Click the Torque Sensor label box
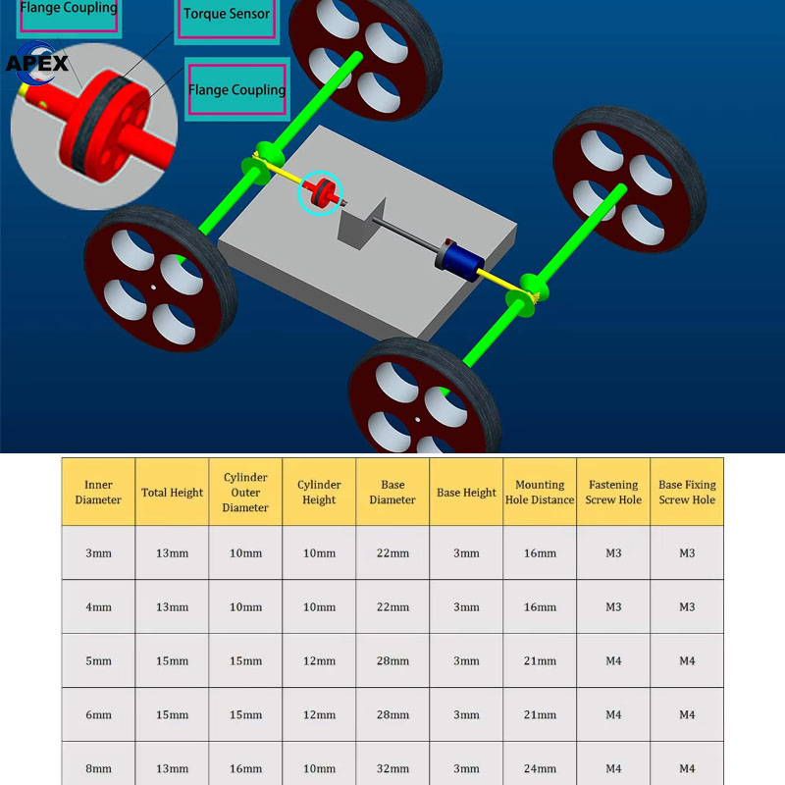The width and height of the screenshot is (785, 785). [227, 15]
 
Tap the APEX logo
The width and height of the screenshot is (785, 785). [37, 63]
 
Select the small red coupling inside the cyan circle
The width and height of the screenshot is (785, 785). [319, 194]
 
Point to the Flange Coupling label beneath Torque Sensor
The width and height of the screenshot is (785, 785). [236, 89]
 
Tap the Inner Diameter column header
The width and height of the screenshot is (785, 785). [98, 493]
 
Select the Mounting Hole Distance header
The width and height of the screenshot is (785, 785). [540, 493]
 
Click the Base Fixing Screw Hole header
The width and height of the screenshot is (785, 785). [687, 493]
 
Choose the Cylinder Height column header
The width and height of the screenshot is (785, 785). [319, 493]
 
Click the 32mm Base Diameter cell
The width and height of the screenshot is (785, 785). [392, 768]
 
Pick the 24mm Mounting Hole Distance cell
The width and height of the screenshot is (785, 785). [540, 768]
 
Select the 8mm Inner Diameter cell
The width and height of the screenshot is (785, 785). [98, 768]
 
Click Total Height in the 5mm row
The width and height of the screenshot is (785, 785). [172, 660]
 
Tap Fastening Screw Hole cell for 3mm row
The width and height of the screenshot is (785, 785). [613, 553]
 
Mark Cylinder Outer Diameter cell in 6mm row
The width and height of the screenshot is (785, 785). [245, 714]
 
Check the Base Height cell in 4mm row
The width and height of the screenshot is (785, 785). [466, 607]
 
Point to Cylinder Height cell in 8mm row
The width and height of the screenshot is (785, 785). [319, 768]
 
